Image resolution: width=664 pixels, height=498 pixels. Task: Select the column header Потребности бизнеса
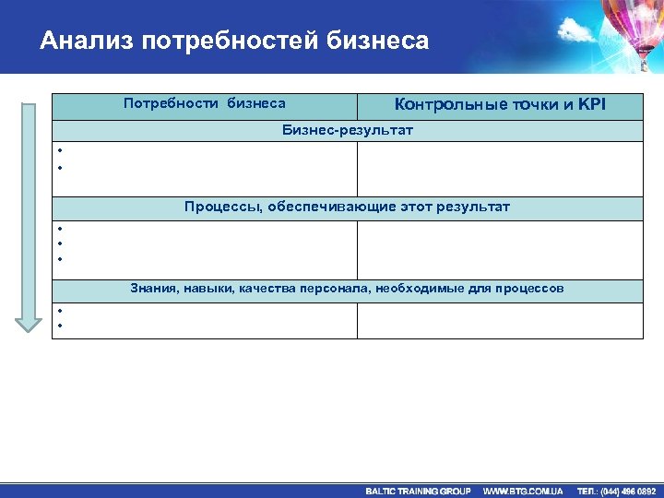(x=204, y=104)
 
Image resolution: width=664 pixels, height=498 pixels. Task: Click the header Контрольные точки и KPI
(x=500, y=104)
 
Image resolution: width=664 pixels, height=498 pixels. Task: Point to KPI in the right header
(x=591, y=104)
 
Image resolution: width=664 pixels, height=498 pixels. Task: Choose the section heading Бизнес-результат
(x=347, y=131)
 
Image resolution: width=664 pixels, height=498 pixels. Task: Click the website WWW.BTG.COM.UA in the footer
(x=523, y=491)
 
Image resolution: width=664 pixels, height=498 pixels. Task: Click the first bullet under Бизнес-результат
(x=57, y=151)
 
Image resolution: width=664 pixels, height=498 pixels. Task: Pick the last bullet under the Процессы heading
(x=57, y=260)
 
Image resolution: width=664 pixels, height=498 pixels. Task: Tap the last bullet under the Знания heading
(x=57, y=326)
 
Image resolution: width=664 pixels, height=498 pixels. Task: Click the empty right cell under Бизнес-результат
(x=500, y=169)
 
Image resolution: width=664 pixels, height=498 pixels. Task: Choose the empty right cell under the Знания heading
(x=500, y=321)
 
